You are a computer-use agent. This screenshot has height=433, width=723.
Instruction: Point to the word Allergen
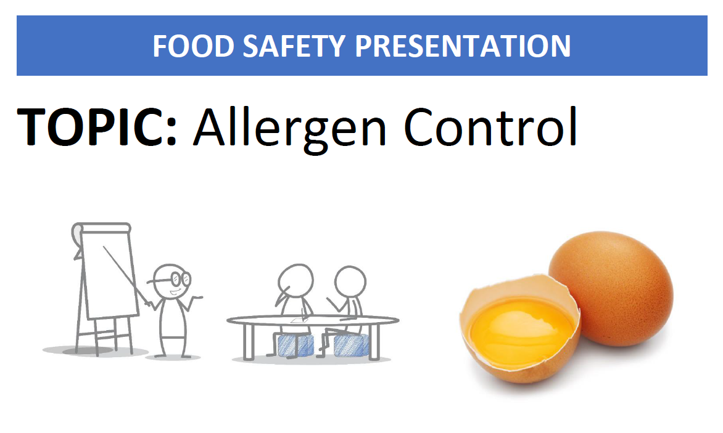click(x=290, y=127)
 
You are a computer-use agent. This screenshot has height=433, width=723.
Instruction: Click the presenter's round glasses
click(x=175, y=278)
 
